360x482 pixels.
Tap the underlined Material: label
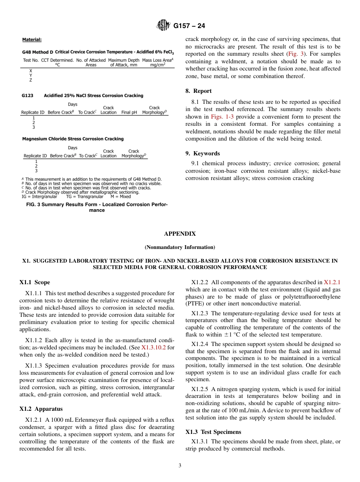[x=32, y=39]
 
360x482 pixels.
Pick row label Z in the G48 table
[x=31, y=80]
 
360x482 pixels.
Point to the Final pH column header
[x=129, y=113]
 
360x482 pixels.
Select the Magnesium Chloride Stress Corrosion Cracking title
[x=73, y=139]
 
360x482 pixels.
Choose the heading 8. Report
[x=199, y=91]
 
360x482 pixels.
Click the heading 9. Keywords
[x=202, y=153]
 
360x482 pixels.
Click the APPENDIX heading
[x=180, y=234]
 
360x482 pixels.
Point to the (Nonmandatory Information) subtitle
[x=180, y=247]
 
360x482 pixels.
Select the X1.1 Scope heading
[x=34, y=282]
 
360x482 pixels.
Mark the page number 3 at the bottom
[x=180, y=466]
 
